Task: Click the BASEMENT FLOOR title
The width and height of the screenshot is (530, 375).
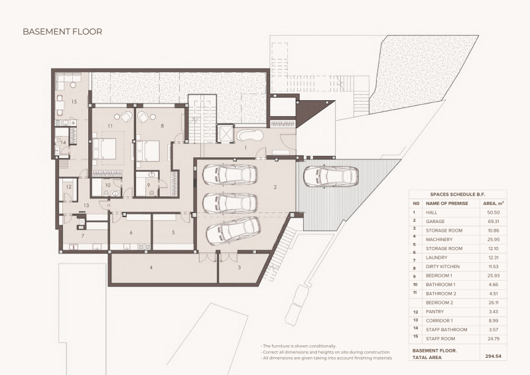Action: [x=62, y=32]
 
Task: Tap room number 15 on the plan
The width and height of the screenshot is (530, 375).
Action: [x=74, y=102]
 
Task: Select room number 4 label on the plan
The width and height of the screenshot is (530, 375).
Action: [x=151, y=267]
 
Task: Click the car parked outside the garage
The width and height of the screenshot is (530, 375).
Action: [x=330, y=177]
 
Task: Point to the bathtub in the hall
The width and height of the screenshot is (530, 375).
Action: [x=249, y=135]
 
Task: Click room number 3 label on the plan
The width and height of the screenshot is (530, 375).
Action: [x=239, y=267]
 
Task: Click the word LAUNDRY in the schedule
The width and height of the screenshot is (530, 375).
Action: [x=436, y=258]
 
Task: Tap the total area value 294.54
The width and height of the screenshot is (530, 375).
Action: [x=492, y=356]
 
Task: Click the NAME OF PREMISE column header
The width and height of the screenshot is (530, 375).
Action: [x=447, y=204]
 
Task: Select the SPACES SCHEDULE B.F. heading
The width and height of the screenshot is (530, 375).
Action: [x=457, y=194]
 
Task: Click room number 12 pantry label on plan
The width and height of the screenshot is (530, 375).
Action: [x=68, y=187]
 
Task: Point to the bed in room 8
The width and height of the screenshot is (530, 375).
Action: [x=148, y=151]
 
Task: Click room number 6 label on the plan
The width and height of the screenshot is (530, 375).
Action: [x=131, y=233]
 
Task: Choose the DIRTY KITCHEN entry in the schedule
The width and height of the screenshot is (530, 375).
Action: [x=443, y=266]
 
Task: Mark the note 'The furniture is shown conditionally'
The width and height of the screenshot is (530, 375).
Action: [x=298, y=346]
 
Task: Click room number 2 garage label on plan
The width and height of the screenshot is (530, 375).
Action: [x=275, y=187]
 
